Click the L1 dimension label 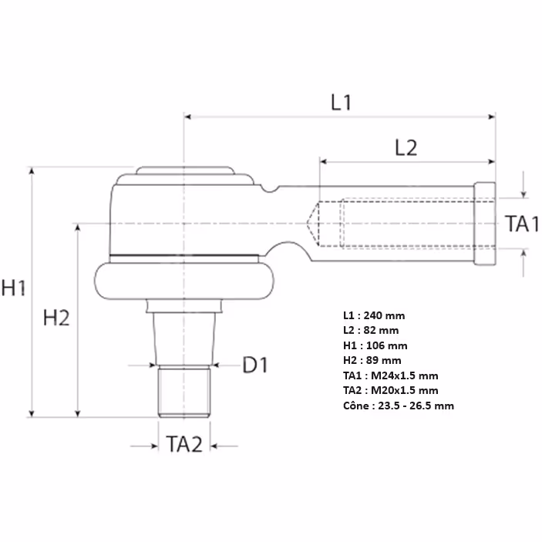341,103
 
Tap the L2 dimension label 406,148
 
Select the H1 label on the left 13,288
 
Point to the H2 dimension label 56,318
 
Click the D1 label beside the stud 255,365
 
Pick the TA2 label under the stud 184,444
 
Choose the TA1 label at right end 522,224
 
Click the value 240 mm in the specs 384,315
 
